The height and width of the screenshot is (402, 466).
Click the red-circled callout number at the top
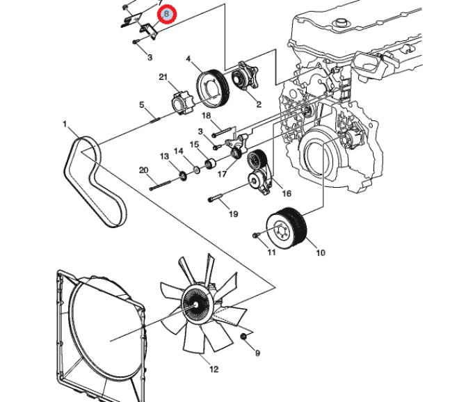point(166,14)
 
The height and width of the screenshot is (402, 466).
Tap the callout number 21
point(163,77)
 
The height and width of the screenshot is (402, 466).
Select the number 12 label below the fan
point(214,369)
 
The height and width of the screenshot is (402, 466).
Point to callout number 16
point(287,194)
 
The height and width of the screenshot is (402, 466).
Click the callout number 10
point(321,253)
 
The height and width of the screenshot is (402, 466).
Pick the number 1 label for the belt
point(65,124)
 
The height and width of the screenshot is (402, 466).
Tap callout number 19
point(233,214)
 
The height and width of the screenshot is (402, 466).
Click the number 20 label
point(143,170)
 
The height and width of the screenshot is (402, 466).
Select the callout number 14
point(178,151)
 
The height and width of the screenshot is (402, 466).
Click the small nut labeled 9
point(243,337)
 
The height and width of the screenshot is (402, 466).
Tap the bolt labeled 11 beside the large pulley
point(256,235)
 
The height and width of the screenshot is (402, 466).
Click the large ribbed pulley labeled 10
point(286,227)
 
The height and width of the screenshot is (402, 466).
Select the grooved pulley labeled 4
point(213,88)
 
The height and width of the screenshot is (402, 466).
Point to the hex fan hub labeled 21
point(182,104)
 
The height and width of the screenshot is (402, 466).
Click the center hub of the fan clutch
point(196,305)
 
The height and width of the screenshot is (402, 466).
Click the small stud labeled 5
point(155,120)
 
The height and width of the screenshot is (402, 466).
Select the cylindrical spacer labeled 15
point(210,163)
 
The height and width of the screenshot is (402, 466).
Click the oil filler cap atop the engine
point(340,22)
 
